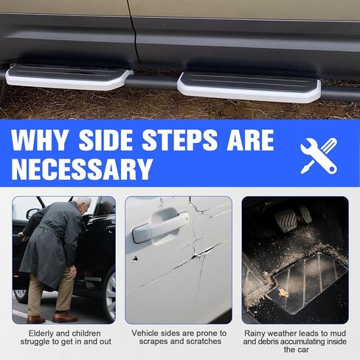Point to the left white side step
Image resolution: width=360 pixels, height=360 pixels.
click(x=66, y=77)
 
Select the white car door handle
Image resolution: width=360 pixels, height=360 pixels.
click(x=158, y=227)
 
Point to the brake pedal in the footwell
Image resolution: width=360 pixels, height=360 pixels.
click(x=285, y=219)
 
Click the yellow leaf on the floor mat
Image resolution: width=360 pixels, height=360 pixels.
click(x=283, y=292)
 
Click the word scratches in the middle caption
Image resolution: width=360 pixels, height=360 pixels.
click(x=200, y=342)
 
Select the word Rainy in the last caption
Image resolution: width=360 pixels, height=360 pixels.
click(x=258, y=333)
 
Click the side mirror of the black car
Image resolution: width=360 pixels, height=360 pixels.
click(x=32, y=213)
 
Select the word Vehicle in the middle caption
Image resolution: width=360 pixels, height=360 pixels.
click(x=146, y=333)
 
